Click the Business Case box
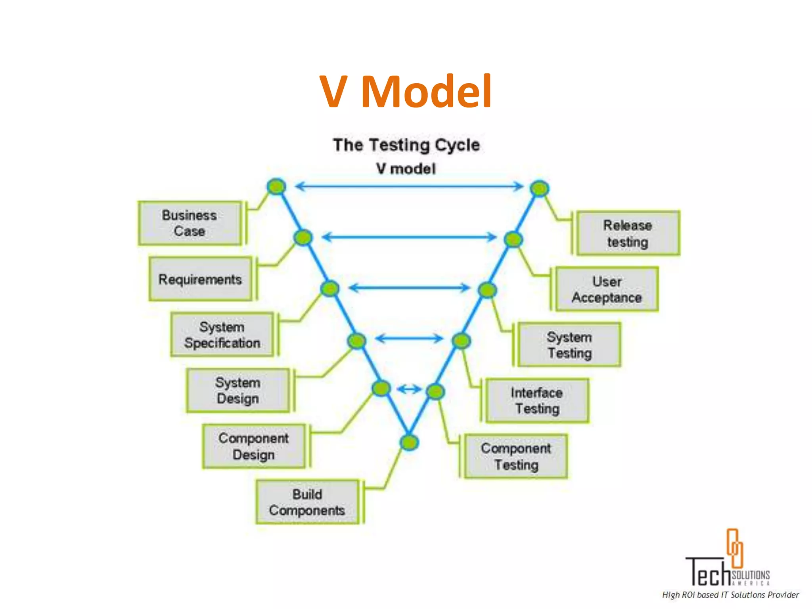click(190, 223)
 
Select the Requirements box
click(200, 279)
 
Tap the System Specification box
click(222, 335)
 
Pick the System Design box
click(238, 391)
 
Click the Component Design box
click(254, 446)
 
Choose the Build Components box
click(307, 502)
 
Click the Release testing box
click(628, 233)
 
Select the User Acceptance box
click(607, 289)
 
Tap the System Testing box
click(569, 345)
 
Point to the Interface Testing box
click(537, 400)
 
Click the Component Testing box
click(516, 456)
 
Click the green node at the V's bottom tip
click(409, 442)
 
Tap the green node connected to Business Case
click(276, 186)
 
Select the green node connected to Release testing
click(540, 188)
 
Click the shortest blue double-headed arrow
click(409, 389)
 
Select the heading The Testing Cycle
click(406, 145)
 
